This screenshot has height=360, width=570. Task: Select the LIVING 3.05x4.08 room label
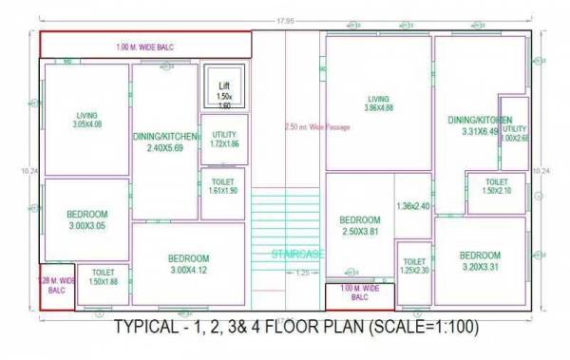pos(86,120)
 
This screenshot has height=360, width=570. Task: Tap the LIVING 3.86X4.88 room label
pos(379,103)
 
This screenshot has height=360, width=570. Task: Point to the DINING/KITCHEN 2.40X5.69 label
pos(165,142)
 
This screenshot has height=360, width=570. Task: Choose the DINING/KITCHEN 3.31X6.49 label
pos(479,125)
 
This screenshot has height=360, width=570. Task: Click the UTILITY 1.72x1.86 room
pos(224,140)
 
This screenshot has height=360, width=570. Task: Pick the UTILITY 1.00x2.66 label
pos(514,133)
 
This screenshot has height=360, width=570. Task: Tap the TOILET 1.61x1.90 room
pos(224,186)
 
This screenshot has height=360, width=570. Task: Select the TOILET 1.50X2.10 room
pos(496,186)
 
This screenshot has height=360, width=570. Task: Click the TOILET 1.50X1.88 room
pos(103,277)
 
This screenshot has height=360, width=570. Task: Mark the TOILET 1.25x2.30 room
pos(414,267)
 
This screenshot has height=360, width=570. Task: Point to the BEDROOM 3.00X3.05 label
pos(86,220)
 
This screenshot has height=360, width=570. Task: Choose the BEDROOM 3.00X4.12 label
pos(188,264)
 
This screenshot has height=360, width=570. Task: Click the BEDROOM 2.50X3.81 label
pos(360,224)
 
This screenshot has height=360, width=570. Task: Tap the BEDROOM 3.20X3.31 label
pos(480,260)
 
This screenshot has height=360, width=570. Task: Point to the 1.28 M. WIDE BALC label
pos(57,286)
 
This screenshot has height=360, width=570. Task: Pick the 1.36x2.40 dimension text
pos(414,206)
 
